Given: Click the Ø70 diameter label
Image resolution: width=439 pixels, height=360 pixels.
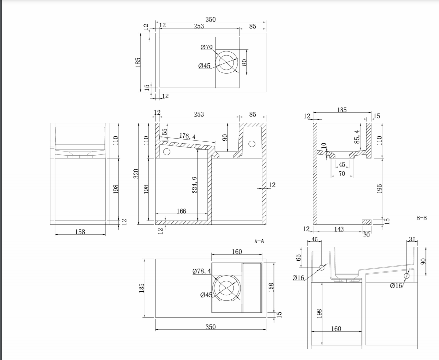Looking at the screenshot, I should pyautogui.click(x=206, y=47).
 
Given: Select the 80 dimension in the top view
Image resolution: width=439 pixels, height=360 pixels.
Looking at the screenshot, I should pyautogui.click(x=244, y=63).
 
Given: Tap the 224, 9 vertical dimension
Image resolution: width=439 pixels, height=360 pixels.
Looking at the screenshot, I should pyautogui.click(x=195, y=184).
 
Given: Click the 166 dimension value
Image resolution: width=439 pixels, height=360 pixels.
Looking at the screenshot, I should pyautogui.click(x=181, y=211).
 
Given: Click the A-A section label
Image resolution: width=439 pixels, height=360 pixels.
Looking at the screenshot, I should pyautogui.click(x=259, y=241).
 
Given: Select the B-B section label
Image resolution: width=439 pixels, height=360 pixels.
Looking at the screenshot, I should pyautogui.click(x=421, y=218).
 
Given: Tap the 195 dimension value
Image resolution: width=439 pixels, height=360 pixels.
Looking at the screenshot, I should pyautogui.click(x=379, y=188).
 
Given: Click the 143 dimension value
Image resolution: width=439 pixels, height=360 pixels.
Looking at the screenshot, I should pyautogui.click(x=339, y=229).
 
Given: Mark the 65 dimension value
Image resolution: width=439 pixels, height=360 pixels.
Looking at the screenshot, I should pyautogui.click(x=298, y=257).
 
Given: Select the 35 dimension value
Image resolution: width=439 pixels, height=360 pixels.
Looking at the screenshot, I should pyautogui.click(x=412, y=240).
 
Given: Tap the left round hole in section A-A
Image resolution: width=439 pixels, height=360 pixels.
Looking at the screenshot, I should pyautogui.click(x=166, y=152).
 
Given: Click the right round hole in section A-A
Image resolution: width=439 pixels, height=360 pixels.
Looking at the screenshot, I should pyautogui.click(x=252, y=144).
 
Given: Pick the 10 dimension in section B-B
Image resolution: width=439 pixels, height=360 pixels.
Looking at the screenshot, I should pyautogui.click(x=324, y=146).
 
